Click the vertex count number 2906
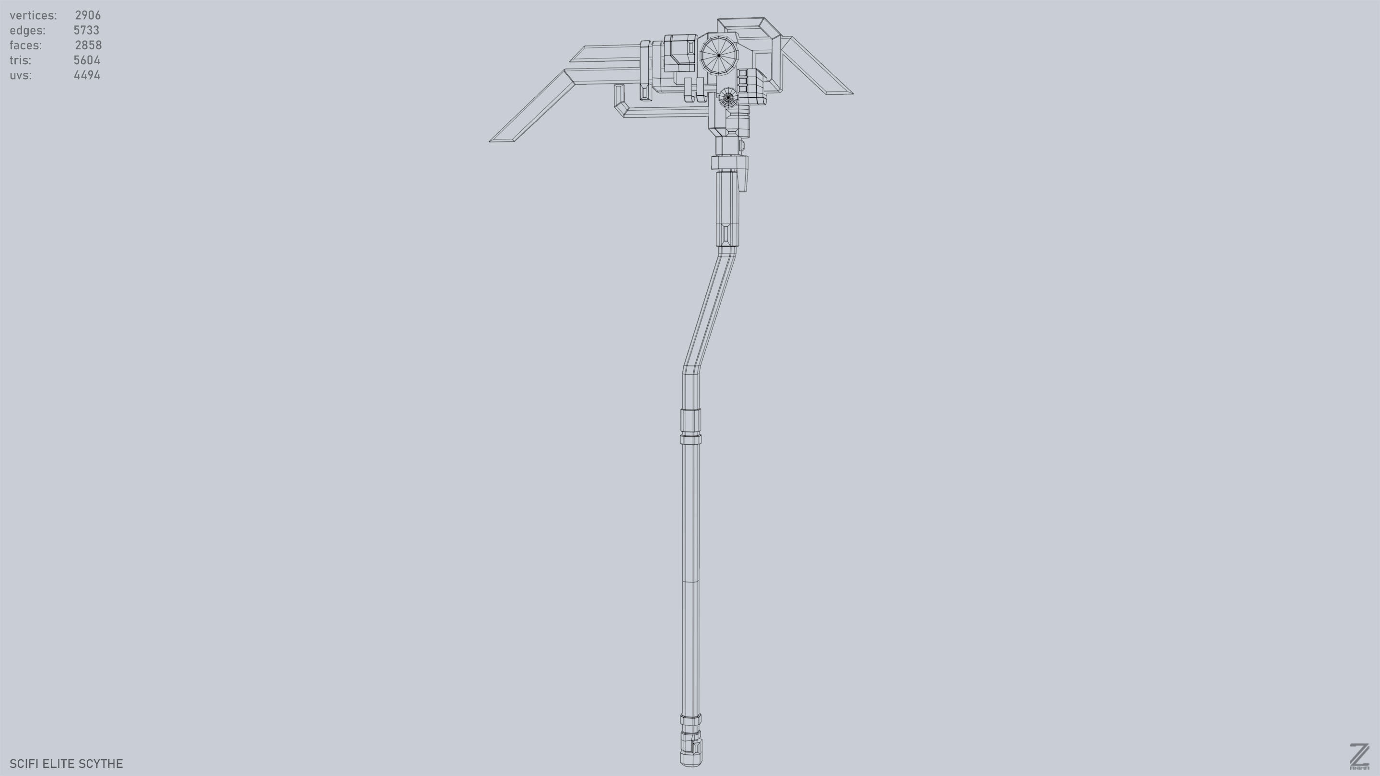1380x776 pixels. pyautogui.click(x=87, y=15)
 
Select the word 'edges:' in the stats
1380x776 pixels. pyautogui.click(x=27, y=30)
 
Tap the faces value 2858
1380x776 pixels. pyautogui.click(x=88, y=45)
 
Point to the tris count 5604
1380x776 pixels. pyautogui.click(x=87, y=60)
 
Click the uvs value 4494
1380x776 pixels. pyautogui.click(x=87, y=75)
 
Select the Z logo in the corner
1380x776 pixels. pyautogui.click(x=1358, y=756)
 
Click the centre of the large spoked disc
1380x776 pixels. pyautogui.click(x=718, y=55)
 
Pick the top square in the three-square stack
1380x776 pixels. pyautogui.click(x=743, y=73)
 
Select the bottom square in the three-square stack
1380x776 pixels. pyautogui.click(x=743, y=88)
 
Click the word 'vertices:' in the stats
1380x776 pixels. pyautogui.click(x=33, y=15)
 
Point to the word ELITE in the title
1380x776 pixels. pyautogui.click(x=59, y=764)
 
